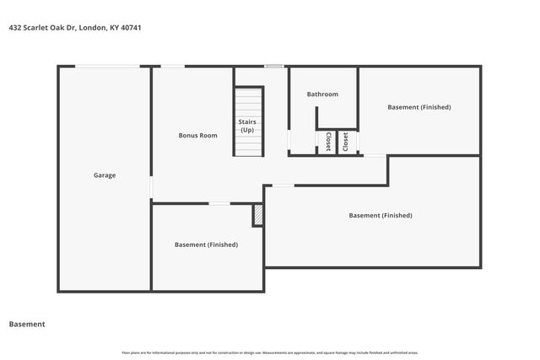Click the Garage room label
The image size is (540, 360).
(x=105, y=175)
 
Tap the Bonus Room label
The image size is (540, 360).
(x=197, y=135)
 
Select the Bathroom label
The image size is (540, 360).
(x=322, y=94)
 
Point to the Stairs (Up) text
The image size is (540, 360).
(x=247, y=126)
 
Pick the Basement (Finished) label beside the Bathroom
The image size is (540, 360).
(x=419, y=107)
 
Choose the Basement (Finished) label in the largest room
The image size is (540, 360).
(x=381, y=215)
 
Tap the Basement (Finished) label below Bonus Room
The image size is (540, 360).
(x=206, y=244)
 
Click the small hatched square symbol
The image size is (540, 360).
(x=258, y=215)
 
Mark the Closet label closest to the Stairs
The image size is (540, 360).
(x=327, y=142)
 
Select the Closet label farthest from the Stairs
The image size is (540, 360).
(x=345, y=142)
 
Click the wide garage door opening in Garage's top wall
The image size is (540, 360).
(x=107, y=67)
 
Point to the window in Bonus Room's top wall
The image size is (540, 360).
(x=173, y=67)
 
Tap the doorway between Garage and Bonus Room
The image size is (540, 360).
(x=151, y=186)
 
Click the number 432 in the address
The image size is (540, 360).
(x=14, y=28)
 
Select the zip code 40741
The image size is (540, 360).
(x=130, y=28)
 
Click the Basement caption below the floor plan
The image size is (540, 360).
(x=27, y=324)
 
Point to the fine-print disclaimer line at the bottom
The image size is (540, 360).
(x=270, y=352)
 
